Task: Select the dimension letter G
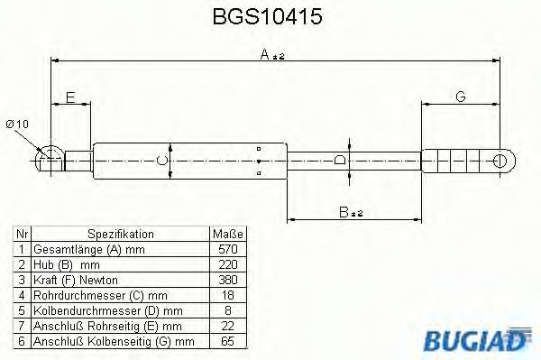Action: click(461, 97)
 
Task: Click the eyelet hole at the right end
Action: click(501, 161)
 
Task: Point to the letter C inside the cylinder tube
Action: click(161, 161)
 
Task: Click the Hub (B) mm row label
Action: click(66, 263)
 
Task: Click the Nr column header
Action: click(22, 233)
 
